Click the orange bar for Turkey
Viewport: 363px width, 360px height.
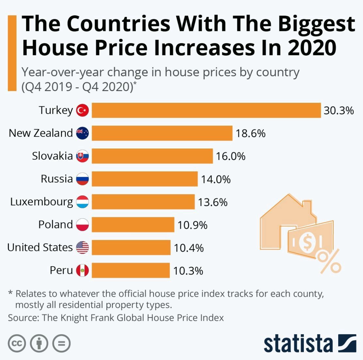click(206, 110)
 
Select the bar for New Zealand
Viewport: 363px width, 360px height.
click(162, 133)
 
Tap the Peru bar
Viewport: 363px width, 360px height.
click(131, 271)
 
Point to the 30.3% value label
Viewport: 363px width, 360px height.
click(339, 111)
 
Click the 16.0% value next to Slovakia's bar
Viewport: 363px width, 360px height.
click(230, 156)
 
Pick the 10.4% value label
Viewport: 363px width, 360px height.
click(189, 248)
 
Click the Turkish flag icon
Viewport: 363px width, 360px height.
click(82, 110)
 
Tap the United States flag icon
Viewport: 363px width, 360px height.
click(82, 248)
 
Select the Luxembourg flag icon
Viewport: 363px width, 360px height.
click(82, 202)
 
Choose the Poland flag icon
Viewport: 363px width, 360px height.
click(82, 225)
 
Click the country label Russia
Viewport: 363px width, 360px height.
click(57, 179)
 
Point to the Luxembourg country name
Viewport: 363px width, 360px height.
click(41, 202)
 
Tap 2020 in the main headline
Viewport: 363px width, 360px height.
click(312, 47)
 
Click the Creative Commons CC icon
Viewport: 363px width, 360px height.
click(17, 343)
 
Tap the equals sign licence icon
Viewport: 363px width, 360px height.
click(61, 343)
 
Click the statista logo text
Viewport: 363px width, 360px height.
click(298, 343)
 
